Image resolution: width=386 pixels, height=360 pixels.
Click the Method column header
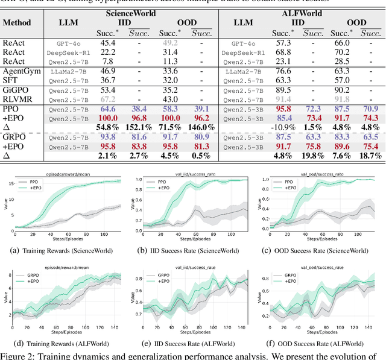(x=16, y=24)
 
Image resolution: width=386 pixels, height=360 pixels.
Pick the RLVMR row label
(x=17, y=99)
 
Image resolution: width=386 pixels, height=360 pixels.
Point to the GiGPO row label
(x=16, y=90)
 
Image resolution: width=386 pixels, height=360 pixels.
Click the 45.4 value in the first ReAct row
(x=109, y=42)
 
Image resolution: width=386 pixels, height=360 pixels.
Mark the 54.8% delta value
(x=108, y=128)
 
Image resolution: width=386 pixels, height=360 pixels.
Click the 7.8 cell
(x=109, y=61)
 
